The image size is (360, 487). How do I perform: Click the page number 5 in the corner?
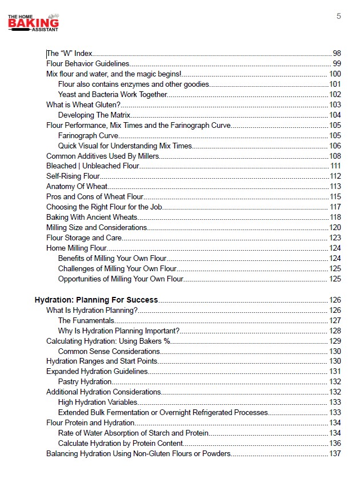click(339, 16)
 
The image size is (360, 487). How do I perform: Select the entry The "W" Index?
click(69, 53)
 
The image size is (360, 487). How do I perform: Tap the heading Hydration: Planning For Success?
click(96, 300)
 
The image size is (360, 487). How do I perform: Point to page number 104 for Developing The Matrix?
click(335, 115)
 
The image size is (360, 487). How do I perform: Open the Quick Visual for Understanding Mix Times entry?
click(125, 146)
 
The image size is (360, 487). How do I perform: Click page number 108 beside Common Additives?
click(335, 156)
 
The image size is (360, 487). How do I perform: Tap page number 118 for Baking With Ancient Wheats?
click(335, 218)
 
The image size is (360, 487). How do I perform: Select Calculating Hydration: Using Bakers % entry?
click(109, 341)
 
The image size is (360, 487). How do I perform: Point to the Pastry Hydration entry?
click(85, 382)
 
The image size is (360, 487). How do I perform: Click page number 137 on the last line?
click(335, 454)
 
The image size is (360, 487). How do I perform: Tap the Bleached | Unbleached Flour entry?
click(93, 166)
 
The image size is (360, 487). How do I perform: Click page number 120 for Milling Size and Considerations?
click(335, 228)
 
